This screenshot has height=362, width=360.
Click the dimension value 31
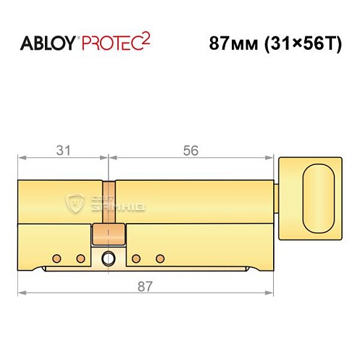point(64,150)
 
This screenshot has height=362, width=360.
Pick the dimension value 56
point(191,150)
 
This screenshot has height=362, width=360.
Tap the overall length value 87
point(145,286)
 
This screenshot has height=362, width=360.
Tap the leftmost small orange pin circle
point(56,258)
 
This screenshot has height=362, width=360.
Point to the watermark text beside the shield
point(120,205)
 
